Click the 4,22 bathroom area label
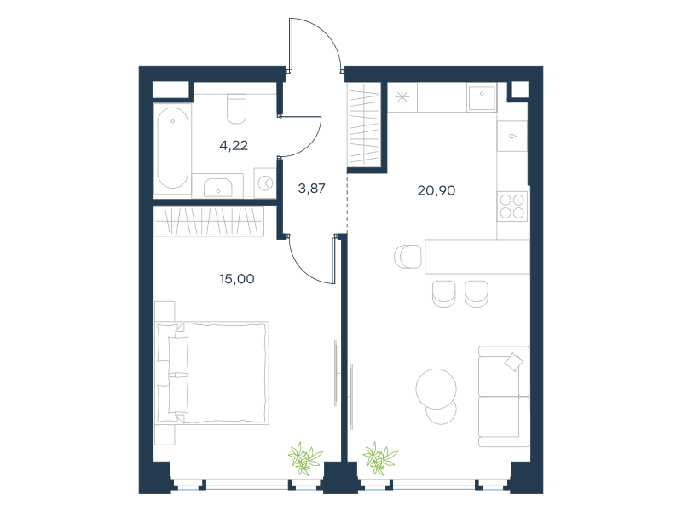click(234, 145)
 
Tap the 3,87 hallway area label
click(311, 189)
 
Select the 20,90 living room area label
click(436, 190)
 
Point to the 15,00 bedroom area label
click(237, 279)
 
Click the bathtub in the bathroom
click(173, 148)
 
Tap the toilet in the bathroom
click(237, 109)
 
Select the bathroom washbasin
click(218, 187)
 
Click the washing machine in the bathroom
click(265, 183)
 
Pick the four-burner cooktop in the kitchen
click(512, 207)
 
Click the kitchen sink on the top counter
click(482, 97)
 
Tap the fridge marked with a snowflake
click(402, 97)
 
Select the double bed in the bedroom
click(211, 373)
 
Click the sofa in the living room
click(504, 396)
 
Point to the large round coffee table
click(436, 389)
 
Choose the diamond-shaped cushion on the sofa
click(514, 362)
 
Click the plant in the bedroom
click(305, 459)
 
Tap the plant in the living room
click(380, 458)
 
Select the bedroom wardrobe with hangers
click(209, 221)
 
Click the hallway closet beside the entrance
click(364, 125)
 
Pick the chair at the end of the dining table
click(408, 257)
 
